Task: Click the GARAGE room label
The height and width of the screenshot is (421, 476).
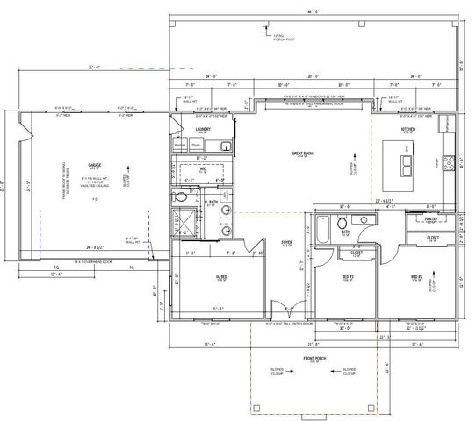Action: [x=94, y=165]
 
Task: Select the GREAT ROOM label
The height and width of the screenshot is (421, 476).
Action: [x=303, y=153]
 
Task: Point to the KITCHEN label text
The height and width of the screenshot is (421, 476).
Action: [x=407, y=129]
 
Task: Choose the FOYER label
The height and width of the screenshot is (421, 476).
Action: [x=285, y=243]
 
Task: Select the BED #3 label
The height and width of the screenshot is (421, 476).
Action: [x=347, y=277]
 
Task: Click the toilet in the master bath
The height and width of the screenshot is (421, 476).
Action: [x=181, y=198]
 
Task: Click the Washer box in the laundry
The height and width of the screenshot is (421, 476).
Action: [x=180, y=144]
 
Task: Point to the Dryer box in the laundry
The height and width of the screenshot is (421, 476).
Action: [x=194, y=144]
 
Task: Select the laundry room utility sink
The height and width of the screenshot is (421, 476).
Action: [x=225, y=145]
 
